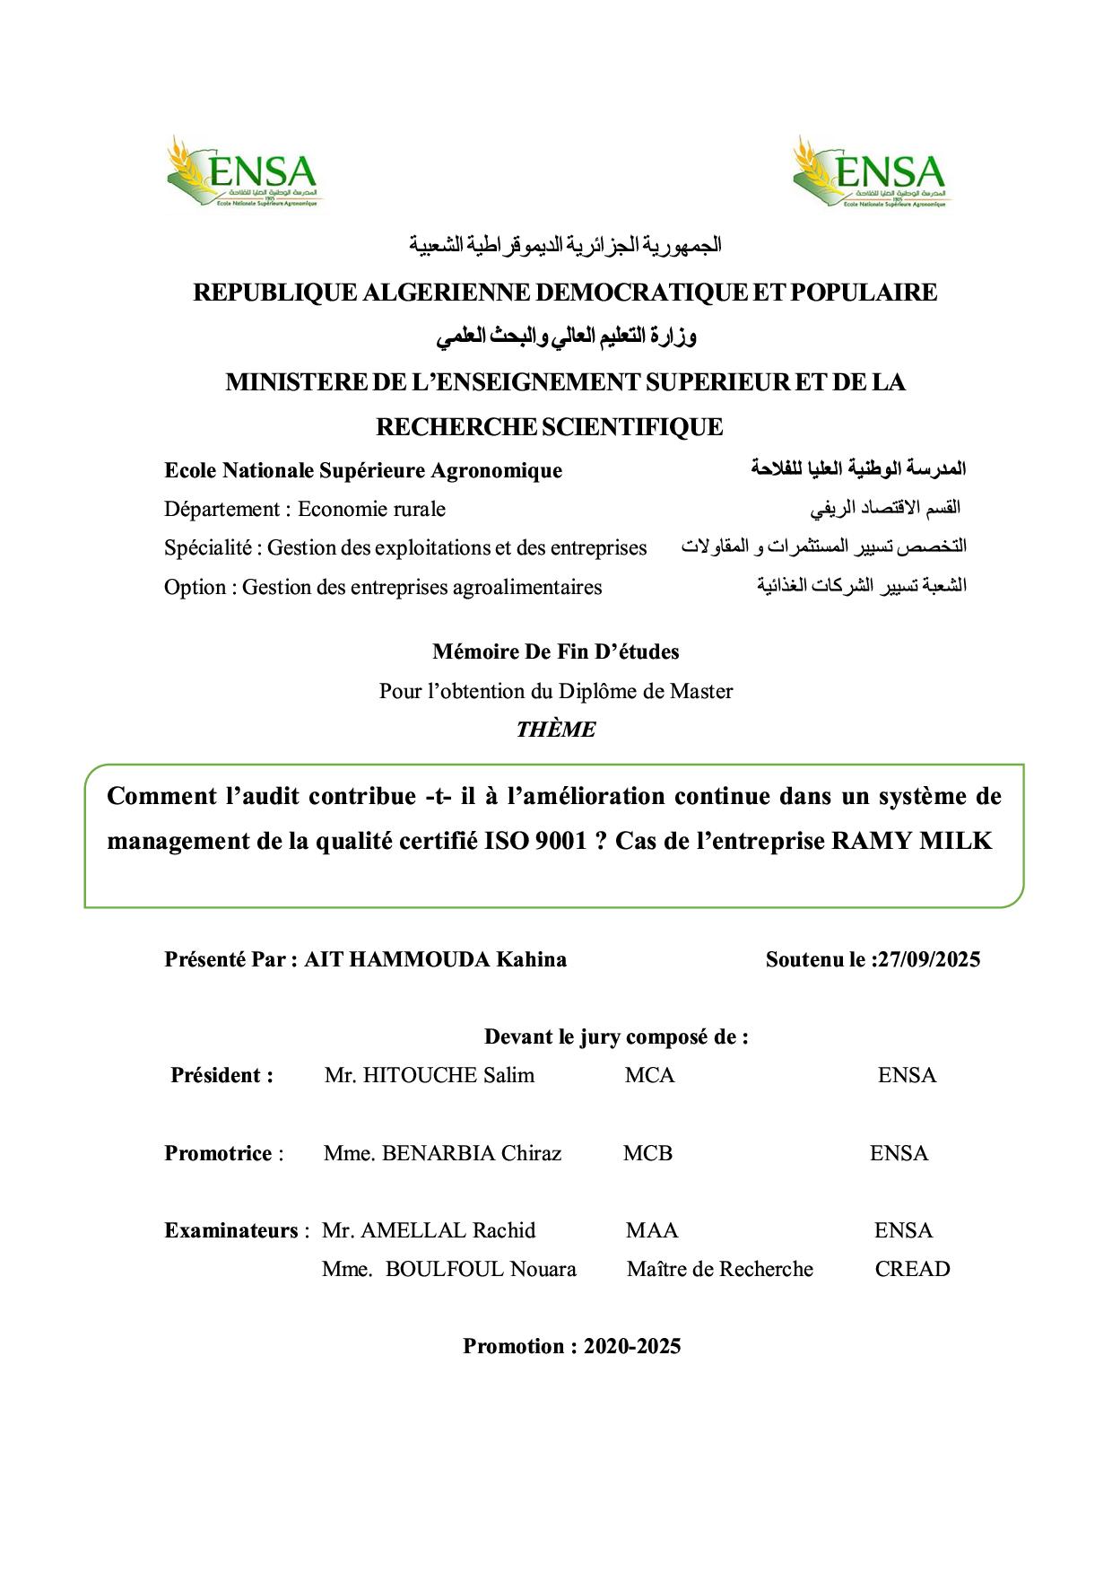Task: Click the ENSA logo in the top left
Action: point(241,172)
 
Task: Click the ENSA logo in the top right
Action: point(868,172)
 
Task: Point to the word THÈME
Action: point(555,730)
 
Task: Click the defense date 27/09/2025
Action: point(929,959)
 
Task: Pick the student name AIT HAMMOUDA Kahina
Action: point(435,959)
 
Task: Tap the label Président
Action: point(222,1075)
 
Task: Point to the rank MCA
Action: point(649,1075)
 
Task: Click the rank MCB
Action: point(647,1153)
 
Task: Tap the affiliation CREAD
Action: point(912,1269)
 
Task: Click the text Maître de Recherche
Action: point(719,1269)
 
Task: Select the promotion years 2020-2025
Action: point(631,1346)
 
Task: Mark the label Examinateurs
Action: point(230,1230)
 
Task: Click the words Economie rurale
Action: point(371,510)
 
